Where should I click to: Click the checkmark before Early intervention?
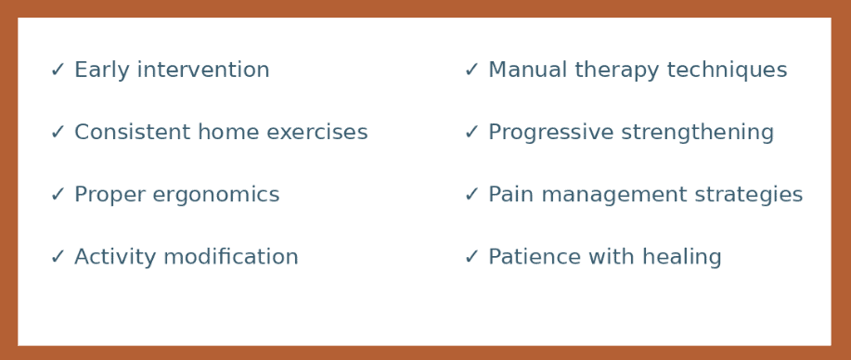coord(58,71)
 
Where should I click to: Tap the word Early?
coord(97,71)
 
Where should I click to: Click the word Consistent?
coord(126,133)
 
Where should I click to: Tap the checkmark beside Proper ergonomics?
coord(58,195)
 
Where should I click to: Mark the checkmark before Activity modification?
coord(58,257)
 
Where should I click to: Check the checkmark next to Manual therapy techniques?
coord(471,71)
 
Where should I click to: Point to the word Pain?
coord(508,195)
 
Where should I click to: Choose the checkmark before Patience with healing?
coord(471,257)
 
